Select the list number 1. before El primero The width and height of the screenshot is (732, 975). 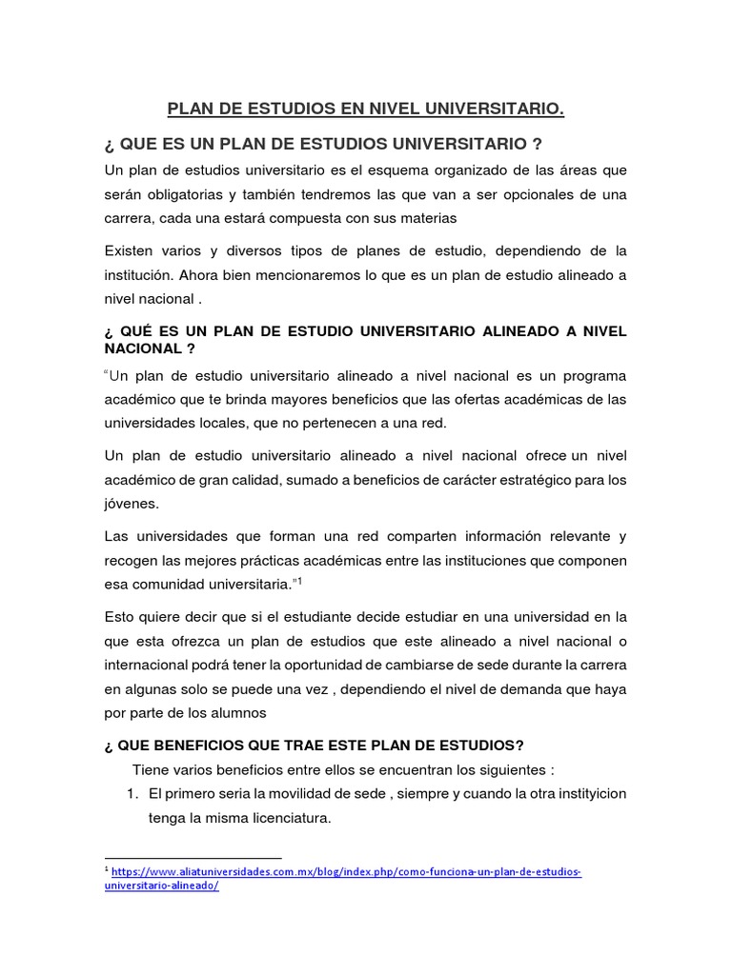click(133, 793)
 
